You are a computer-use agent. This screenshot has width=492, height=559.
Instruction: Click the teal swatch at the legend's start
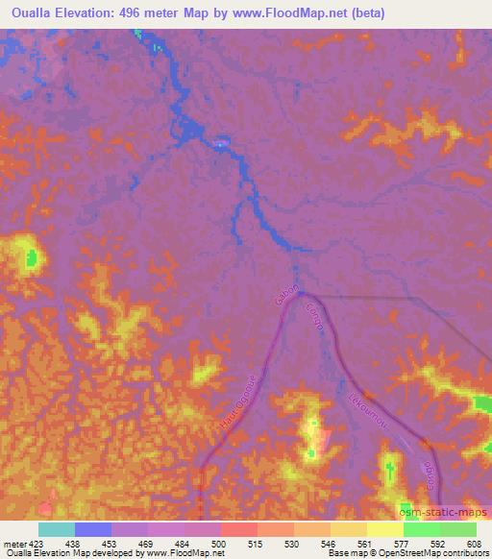coord(56,529)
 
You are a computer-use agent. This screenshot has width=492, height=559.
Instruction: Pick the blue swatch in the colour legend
coord(93,529)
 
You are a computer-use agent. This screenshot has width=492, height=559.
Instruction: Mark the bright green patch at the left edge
coord(33,257)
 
